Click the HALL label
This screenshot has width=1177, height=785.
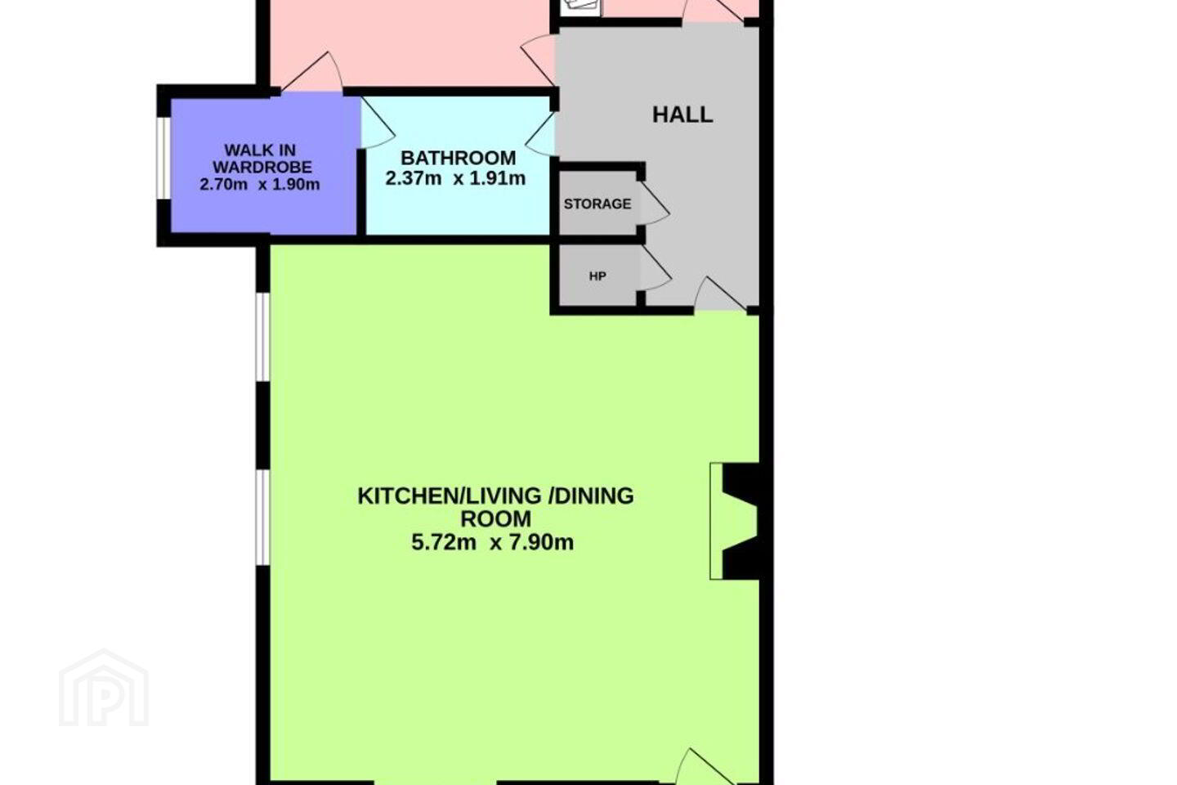[x=682, y=114]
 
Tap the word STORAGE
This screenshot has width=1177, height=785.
[x=597, y=204]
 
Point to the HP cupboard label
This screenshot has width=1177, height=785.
[x=597, y=276]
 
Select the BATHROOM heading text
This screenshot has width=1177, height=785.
[x=459, y=158]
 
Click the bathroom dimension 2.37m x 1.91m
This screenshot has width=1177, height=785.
[x=455, y=179]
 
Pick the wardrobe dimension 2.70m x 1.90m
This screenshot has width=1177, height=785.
[x=260, y=185]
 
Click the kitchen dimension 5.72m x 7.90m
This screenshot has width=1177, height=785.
[x=492, y=542]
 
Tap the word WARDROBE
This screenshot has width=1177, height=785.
[x=262, y=167]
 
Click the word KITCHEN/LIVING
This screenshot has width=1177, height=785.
[x=450, y=496]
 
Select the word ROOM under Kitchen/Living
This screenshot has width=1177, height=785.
[x=496, y=519]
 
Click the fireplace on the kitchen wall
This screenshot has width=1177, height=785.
[x=734, y=521]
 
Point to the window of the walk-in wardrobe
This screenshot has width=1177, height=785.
[x=164, y=158]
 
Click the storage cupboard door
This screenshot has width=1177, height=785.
[x=654, y=204]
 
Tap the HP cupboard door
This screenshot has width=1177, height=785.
[x=656, y=268]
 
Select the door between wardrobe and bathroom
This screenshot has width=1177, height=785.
[x=378, y=124]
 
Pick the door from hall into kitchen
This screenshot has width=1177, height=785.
[x=721, y=294]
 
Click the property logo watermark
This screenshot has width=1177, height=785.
[x=104, y=689]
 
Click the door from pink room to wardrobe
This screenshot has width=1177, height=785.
[x=312, y=73]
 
